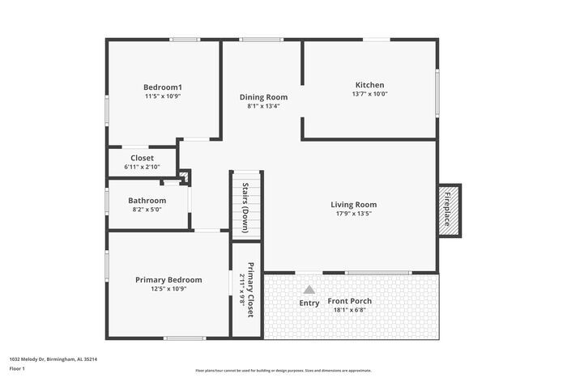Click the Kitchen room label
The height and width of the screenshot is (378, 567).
[x=369, y=85]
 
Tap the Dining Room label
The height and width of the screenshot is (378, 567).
[x=263, y=97]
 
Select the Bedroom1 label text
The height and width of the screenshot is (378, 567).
[x=163, y=87]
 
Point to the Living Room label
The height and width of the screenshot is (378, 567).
[x=353, y=205]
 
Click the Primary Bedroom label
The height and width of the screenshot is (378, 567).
[x=168, y=280]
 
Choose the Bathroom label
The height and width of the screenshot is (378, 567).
[x=147, y=201]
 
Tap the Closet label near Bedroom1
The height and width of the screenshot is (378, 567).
[x=142, y=158]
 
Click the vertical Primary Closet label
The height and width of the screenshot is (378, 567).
[x=250, y=290]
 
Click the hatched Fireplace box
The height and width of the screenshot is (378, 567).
[x=449, y=210]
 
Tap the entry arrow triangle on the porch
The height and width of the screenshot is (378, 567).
[x=309, y=289]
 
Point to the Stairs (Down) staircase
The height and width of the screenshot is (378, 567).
[x=246, y=204]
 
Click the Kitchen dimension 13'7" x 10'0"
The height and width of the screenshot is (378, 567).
[x=369, y=94]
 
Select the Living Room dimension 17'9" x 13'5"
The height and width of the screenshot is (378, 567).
[x=353, y=214]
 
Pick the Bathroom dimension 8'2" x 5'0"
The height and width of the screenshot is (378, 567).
[x=147, y=210]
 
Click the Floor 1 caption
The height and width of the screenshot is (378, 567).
[x=17, y=368]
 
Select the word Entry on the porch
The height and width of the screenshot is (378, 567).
[x=309, y=304]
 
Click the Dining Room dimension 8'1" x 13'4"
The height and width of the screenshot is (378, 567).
[x=263, y=106]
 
